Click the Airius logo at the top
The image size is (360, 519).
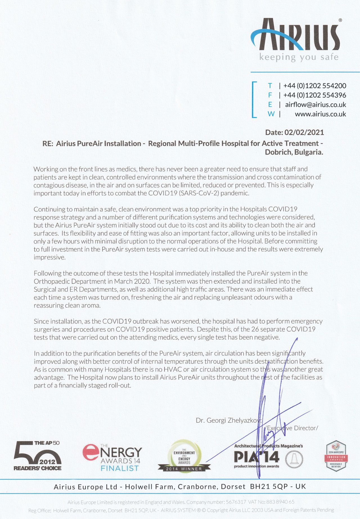point(295,35)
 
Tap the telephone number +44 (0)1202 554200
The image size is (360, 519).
point(314,86)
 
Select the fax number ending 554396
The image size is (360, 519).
point(314,95)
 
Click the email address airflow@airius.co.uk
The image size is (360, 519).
point(315,105)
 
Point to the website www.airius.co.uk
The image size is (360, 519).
point(320,114)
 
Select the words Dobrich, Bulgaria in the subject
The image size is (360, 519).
point(294,152)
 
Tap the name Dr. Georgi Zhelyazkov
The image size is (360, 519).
point(228,420)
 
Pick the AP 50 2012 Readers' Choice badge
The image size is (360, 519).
point(37,456)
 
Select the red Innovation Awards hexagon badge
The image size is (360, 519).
point(336,456)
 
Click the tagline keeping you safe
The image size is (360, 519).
point(299,57)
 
